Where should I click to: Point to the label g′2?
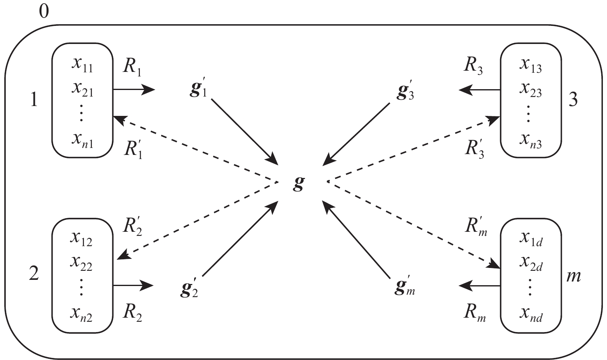pyautogui.click(x=190, y=288)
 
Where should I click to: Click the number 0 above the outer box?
pyautogui.click(x=44, y=12)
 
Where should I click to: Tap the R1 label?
pyautogui.click(x=132, y=68)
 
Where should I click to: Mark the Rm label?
pyautogui.click(x=475, y=313)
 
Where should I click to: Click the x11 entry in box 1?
pyautogui.click(x=82, y=65)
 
